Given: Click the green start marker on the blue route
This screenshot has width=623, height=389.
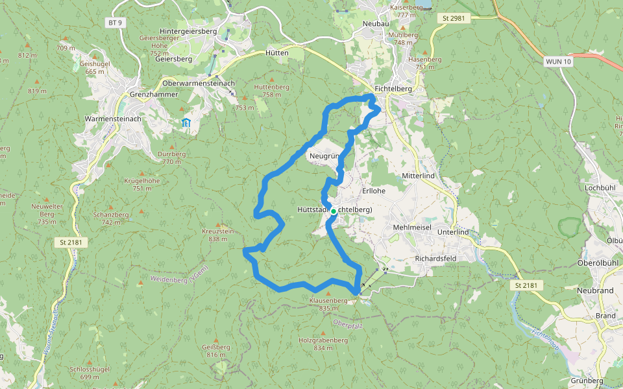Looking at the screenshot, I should tap(333, 211).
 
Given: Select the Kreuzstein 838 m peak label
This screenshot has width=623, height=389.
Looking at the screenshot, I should tap(217, 235).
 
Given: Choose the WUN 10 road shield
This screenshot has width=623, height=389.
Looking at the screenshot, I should tap(558, 61).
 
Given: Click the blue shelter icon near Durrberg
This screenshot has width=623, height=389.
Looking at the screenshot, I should tap(186, 122).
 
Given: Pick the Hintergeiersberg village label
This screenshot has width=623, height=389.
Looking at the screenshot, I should tap(188, 31).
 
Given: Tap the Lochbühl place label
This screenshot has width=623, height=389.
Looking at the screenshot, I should tap(600, 187).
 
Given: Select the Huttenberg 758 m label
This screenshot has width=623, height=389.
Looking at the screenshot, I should tap(271, 90).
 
